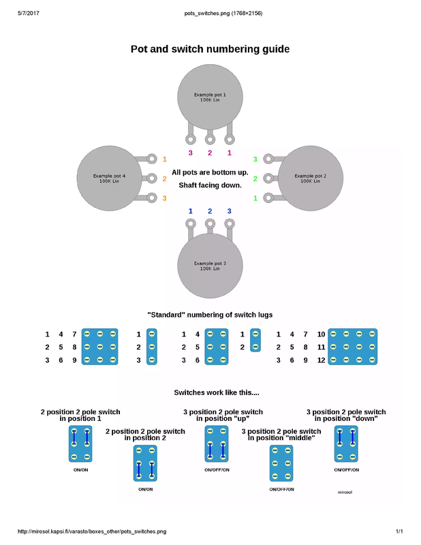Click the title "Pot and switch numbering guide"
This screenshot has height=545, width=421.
pyautogui.click(x=210, y=49)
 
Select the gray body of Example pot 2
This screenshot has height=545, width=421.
pyautogui.click(x=310, y=178)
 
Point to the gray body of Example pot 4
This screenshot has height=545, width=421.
pyautogui.click(x=109, y=178)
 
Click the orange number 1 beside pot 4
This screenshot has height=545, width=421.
pyautogui.click(x=164, y=159)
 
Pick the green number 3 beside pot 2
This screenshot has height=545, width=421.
pyautogui.click(x=255, y=159)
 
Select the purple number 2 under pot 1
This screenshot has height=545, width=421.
pyautogui.click(x=210, y=153)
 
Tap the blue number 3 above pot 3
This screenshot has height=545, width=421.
pyautogui.click(x=230, y=211)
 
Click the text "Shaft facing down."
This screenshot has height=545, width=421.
pyautogui.click(x=210, y=185)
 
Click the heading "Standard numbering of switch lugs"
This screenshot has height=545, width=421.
pyautogui.click(x=210, y=315)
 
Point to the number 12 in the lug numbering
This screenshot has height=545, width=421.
pyautogui.click(x=321, y=360)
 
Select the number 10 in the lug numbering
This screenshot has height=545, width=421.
pyautogui.click(x=321, y=334)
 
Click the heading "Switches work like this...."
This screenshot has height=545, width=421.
pyautogui.click(x=210, y=393)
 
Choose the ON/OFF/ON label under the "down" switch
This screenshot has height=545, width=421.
pyautogui.click(x=346, y=470)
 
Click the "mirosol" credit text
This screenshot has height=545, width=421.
pyautogui.click(x=345, y=492)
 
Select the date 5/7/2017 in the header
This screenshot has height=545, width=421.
pyautogui.click(x=29, y=13)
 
